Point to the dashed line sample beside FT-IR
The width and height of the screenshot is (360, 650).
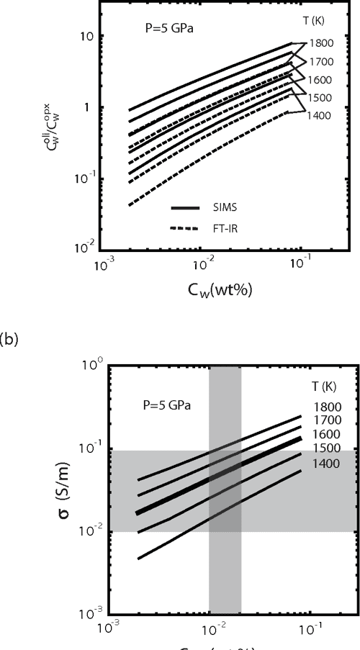[x=185, y=228]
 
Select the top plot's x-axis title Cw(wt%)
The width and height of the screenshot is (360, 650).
[x=224, y=292]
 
